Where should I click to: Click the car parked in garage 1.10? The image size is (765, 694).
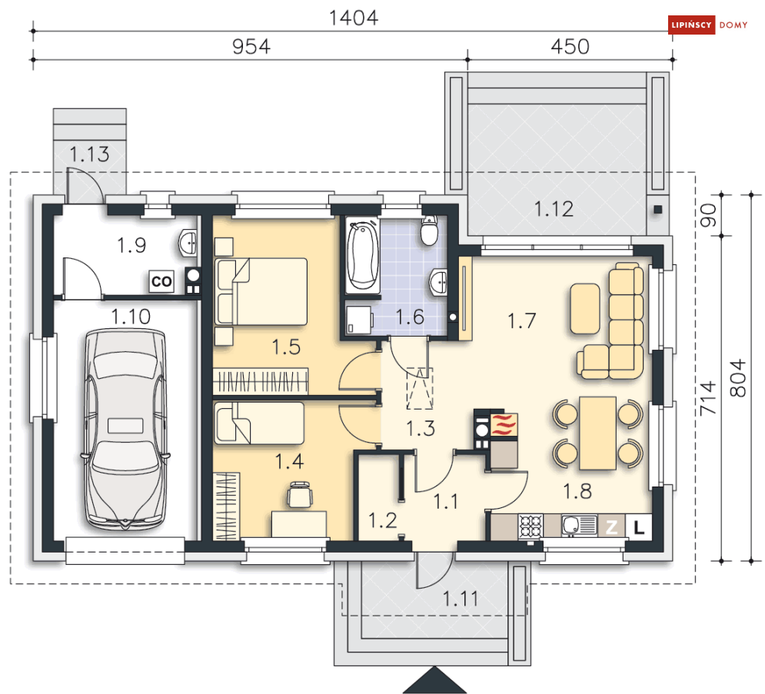125,429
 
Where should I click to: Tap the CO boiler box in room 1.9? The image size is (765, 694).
161,281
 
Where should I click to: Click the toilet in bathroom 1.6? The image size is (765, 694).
429,231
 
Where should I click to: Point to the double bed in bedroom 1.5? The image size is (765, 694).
261,291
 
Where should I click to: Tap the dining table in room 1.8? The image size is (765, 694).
597,433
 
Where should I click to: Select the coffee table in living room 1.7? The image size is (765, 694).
585,309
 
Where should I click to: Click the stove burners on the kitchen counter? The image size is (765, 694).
531,526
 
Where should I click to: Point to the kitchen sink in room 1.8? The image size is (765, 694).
579,526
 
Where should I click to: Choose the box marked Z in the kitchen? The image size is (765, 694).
612,526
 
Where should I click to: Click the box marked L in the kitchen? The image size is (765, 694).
639,526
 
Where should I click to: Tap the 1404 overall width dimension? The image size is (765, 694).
354,18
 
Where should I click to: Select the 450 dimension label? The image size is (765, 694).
570,47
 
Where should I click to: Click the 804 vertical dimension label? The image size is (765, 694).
739,378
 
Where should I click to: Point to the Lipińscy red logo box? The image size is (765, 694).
691,25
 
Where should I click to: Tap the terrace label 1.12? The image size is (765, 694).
554,209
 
